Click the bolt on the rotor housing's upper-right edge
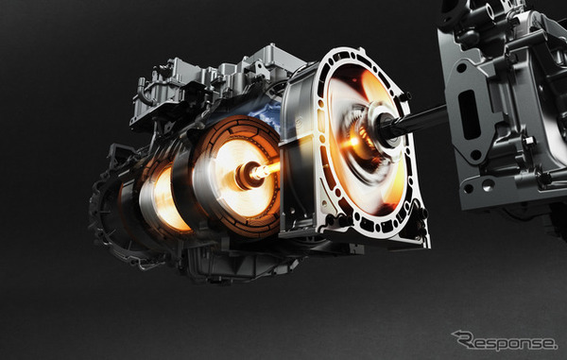[401, 70]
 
